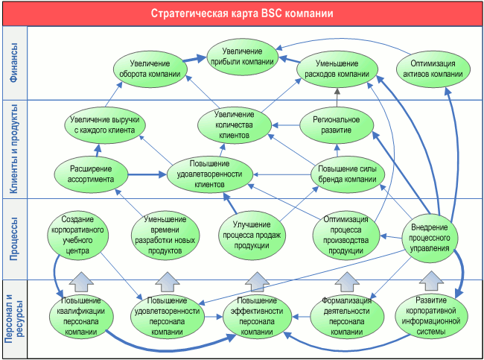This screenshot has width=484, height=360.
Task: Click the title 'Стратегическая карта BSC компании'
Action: point(242,13)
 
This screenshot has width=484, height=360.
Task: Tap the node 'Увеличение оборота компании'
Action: point(150,69)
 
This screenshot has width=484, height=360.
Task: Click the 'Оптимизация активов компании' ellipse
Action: point(434,69)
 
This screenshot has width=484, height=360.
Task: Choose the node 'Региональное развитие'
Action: point(336,124)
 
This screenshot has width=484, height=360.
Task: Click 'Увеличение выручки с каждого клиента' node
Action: point(104,124)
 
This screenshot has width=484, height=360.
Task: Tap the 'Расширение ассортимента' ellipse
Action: point(86,174)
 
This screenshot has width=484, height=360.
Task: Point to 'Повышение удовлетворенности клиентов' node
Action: point(206,174)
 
